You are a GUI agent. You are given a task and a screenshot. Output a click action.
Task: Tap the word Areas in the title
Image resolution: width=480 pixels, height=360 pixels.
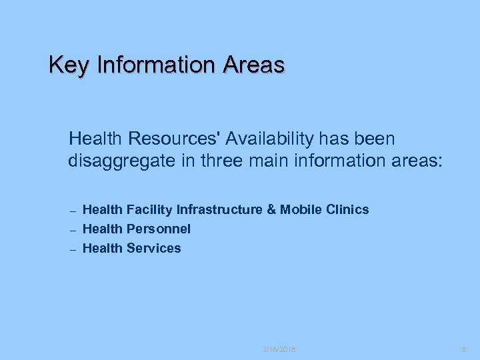[x=254, y=65]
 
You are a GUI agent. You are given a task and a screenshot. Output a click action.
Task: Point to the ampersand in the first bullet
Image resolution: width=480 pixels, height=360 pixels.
[x=271, y=210]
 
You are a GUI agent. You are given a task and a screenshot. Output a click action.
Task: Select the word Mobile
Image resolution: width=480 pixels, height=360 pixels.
[x=300, y=210]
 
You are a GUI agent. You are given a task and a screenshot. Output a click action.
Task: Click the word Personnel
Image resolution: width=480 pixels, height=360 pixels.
[x=159, y=229]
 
